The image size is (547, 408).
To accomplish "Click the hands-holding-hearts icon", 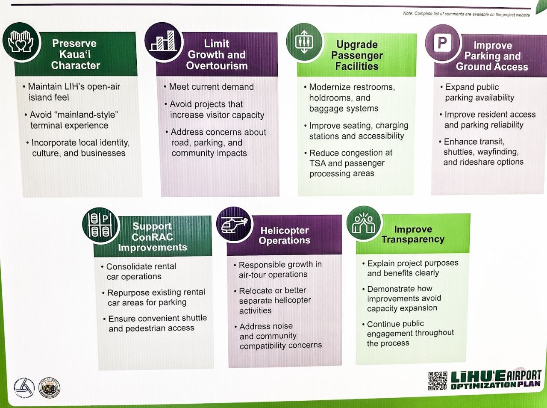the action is point(21,41).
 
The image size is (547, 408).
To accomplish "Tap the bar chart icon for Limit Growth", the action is point(163,41).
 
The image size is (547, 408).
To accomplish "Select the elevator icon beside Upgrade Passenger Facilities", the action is point(304,42).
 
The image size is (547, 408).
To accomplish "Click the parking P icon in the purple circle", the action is point(442,43).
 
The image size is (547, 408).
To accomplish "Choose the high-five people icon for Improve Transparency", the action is point(364,223).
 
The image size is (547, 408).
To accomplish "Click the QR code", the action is point(438,381).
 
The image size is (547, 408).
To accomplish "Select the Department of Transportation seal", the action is point(24,387).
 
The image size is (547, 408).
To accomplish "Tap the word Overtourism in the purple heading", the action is point(217,66).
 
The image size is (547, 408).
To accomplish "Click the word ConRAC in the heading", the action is point(152,237).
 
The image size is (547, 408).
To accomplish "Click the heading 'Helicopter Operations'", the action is point(284,235).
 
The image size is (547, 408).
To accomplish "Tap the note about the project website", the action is point(466,14).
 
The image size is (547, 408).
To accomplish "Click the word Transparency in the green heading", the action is point(413,239).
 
